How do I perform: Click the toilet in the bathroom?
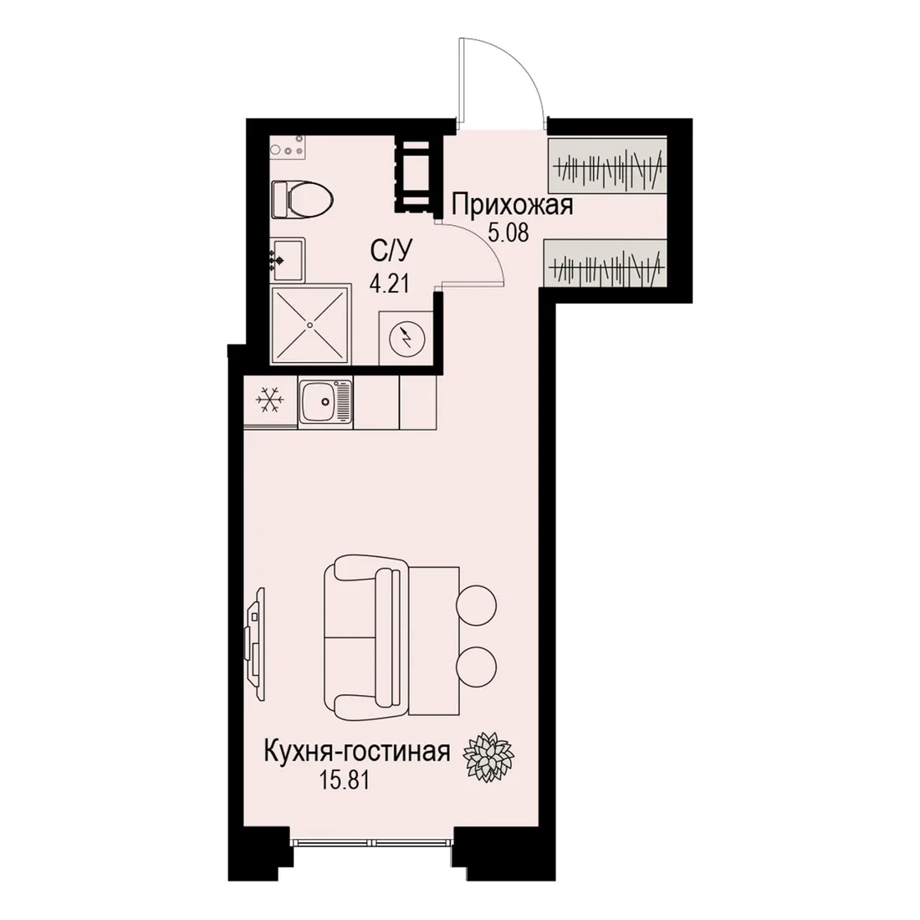[303, 199]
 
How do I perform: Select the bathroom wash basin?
[288, 259]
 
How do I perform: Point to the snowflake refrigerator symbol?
[270, 399]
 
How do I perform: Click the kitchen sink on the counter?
[325, 401]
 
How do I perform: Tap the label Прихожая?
[512, 206]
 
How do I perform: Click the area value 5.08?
[509, 233]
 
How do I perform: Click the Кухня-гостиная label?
[357, 752]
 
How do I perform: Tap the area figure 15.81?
[345, 780]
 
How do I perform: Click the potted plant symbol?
[488, 756]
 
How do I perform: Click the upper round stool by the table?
[477, 605]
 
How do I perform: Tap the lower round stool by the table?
[477, 667]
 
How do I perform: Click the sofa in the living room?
[365, 637]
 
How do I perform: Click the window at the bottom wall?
[372, 842]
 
